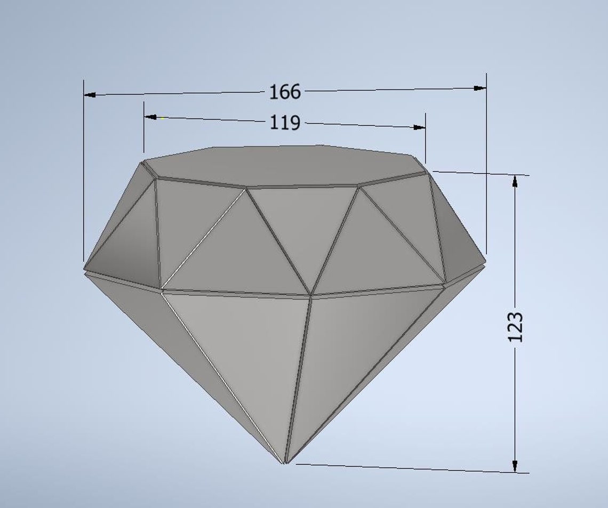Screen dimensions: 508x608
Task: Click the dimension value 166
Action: click(x=285, y=92)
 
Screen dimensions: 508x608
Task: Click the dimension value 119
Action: click(x=285, y=123)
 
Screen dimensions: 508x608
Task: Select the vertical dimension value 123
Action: click(x=515, y=327)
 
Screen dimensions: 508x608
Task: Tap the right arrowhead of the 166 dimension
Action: click(x=480, y=88)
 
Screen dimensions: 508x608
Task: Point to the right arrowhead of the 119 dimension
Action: click(x=419, y=127)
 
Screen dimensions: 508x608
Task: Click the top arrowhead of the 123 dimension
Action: click(x=515, y=181)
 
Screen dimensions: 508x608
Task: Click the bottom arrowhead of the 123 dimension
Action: click(x=515, y=466)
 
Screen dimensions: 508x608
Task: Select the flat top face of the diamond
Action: click(x=283, y=165)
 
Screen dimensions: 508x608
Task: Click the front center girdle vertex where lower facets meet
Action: click(x=311, y=295)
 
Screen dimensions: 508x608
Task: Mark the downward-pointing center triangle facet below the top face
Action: click(x=301, y=224)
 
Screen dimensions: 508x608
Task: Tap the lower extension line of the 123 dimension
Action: click(x=411, y=468)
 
